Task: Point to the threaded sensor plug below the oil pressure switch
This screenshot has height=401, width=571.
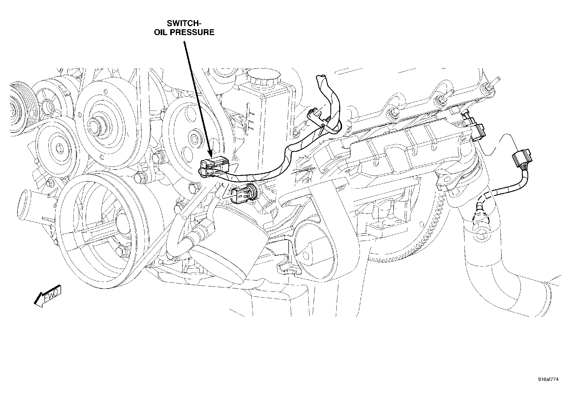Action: pyautogui.click(x=243, y=194)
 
